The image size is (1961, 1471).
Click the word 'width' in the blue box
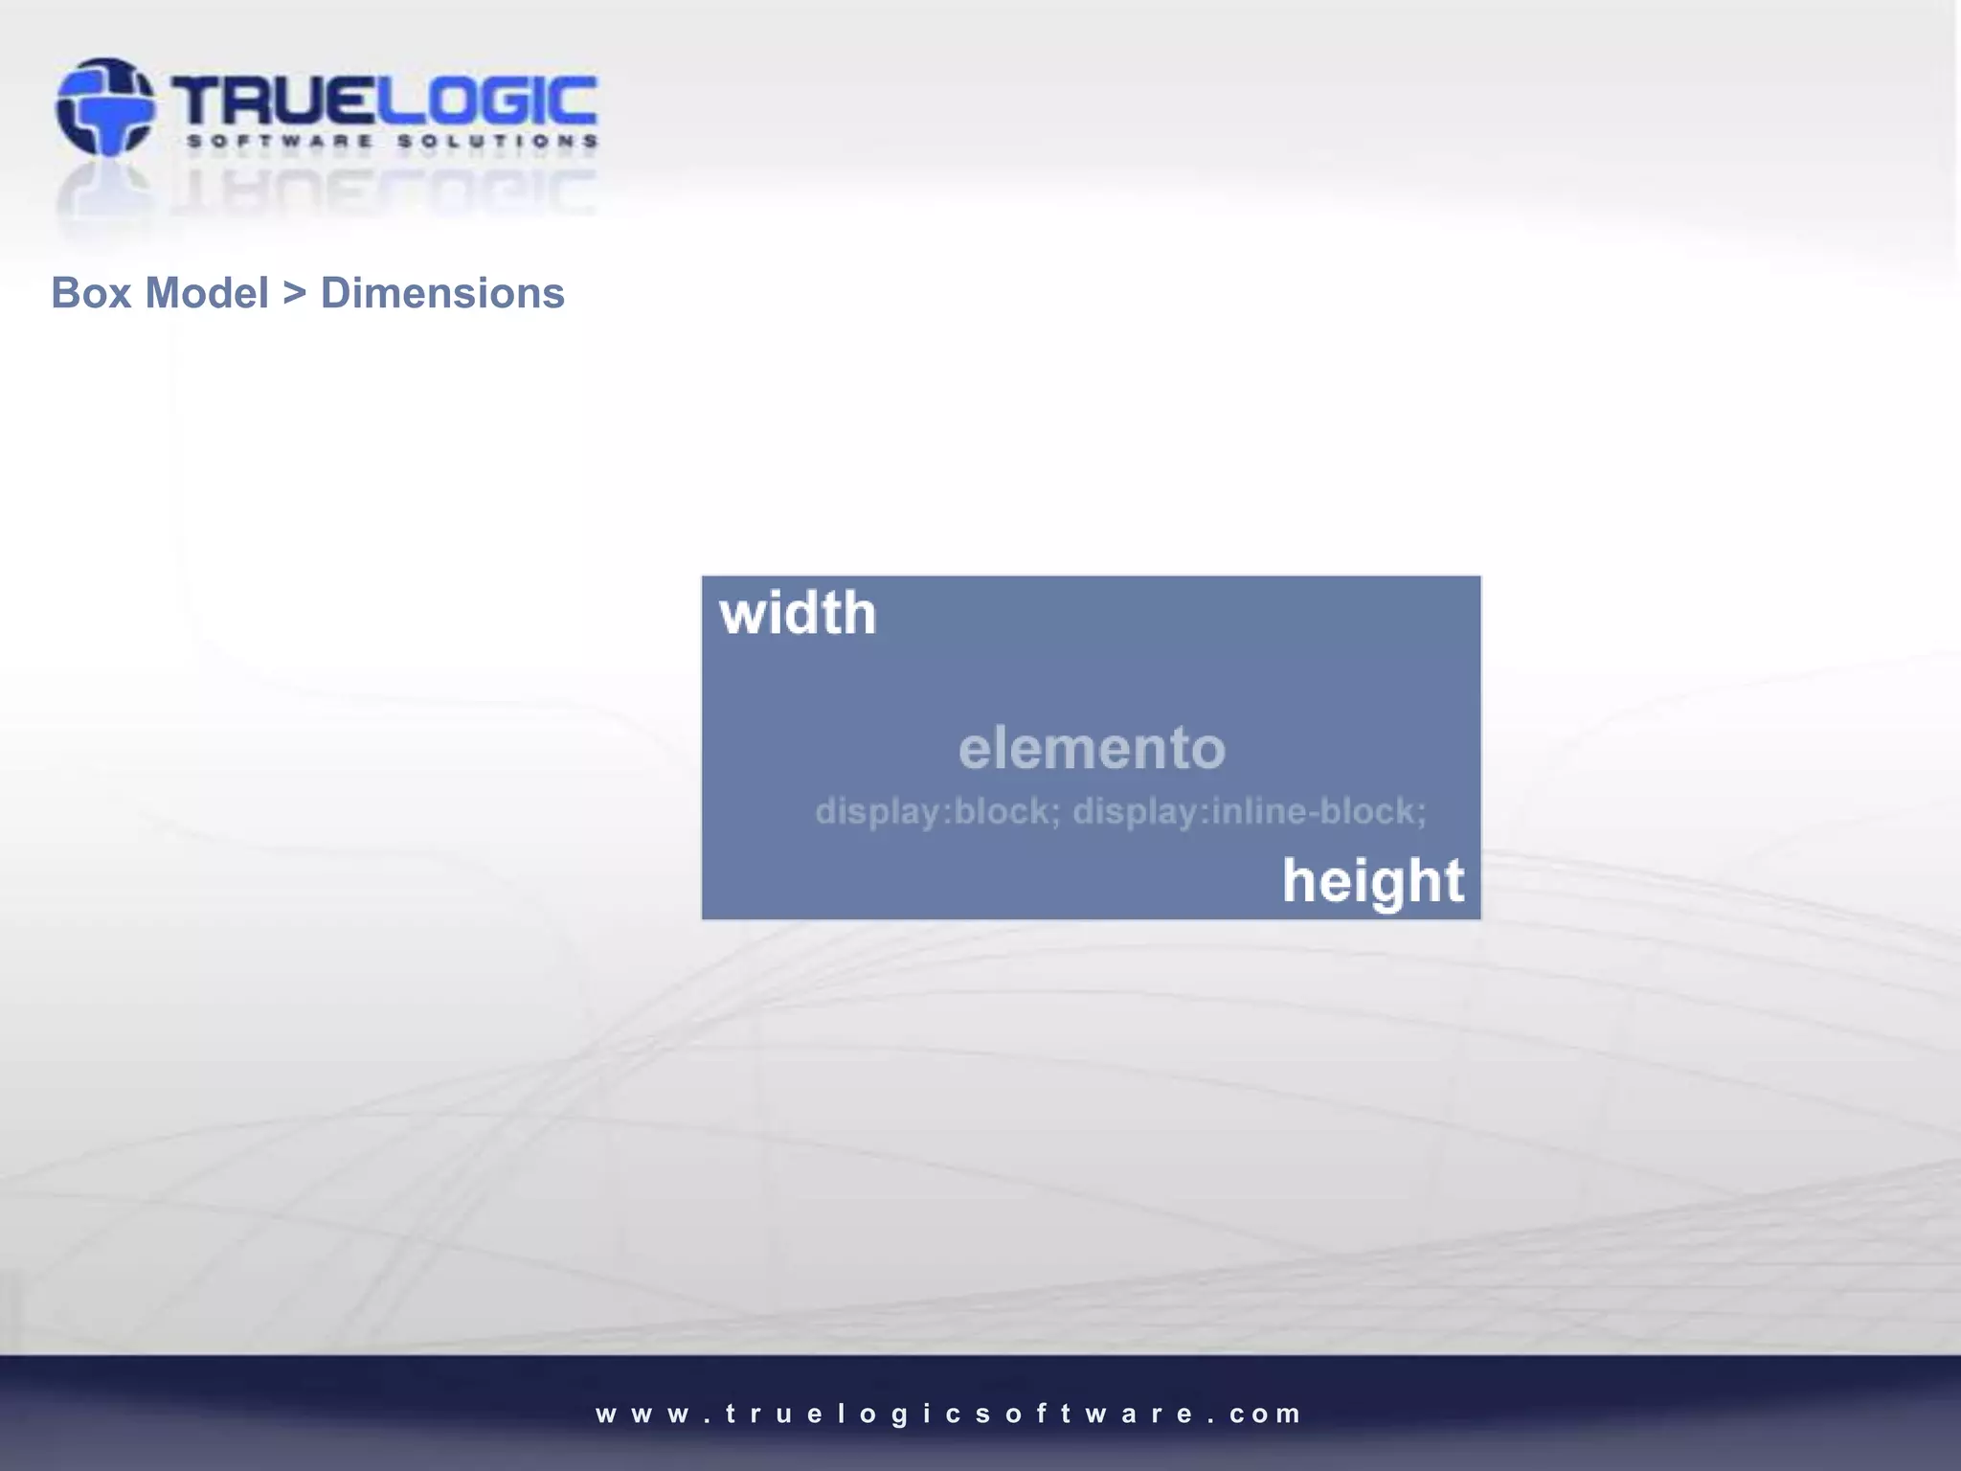[x=798, y=613]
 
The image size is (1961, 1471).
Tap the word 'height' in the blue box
[x=1373, y=881]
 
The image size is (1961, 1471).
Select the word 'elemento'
[x=1092, y=748]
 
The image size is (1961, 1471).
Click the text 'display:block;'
[x=937, y=811]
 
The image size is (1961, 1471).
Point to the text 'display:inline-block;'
[x=1249, y=811]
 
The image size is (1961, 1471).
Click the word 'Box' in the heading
[x=91, y=293]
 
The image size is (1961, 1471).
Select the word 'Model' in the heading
[x=206, y=293]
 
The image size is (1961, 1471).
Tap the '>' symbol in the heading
[x=294, y=293]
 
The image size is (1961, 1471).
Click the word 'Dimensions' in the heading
[x=442, y=293]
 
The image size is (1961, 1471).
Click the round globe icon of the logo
[x=104, y=106]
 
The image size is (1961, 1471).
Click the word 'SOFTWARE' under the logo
[x=280, y=142]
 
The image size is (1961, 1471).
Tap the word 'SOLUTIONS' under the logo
[x=498, y=142]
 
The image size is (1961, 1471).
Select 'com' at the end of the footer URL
[x=1266, y=1414]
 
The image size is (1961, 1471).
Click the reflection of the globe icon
[x=104, y=192]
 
